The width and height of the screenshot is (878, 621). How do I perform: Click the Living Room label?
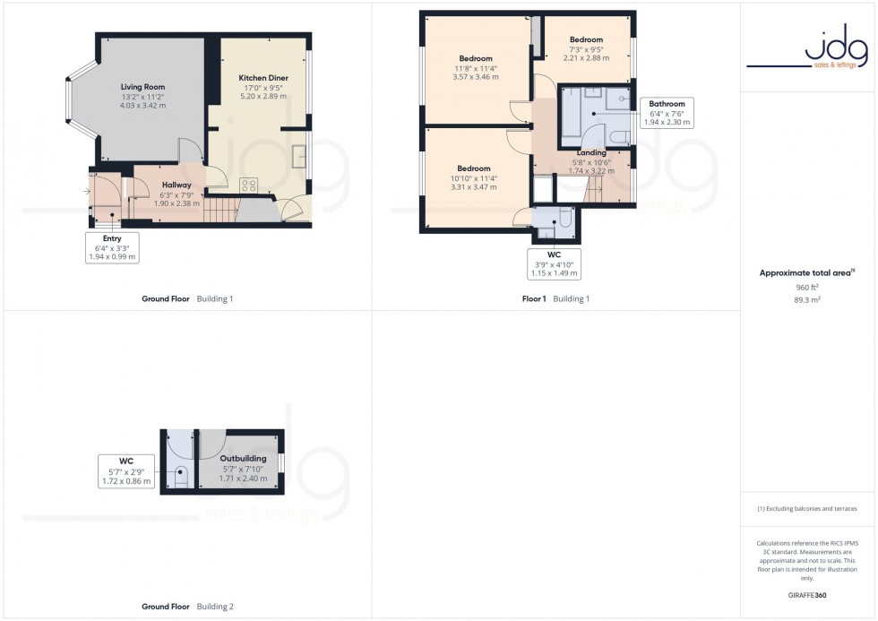pos(143,87)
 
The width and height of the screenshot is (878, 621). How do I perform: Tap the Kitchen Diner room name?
pos(263,78)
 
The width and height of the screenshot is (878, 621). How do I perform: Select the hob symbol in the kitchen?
pos(249,185)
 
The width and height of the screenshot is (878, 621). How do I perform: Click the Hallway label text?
pos(176,185)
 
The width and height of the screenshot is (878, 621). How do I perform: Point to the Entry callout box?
pos(112,247)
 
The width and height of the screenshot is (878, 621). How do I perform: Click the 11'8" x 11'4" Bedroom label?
pos(477,58)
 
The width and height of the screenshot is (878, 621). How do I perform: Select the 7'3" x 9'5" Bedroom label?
pos(586,39)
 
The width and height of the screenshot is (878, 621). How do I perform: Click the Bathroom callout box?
pos(667,113)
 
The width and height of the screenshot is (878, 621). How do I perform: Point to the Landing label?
pos(591,153)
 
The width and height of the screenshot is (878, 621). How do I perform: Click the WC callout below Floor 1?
pos(553,263)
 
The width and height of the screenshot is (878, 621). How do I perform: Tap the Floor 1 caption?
pos(534,298)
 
